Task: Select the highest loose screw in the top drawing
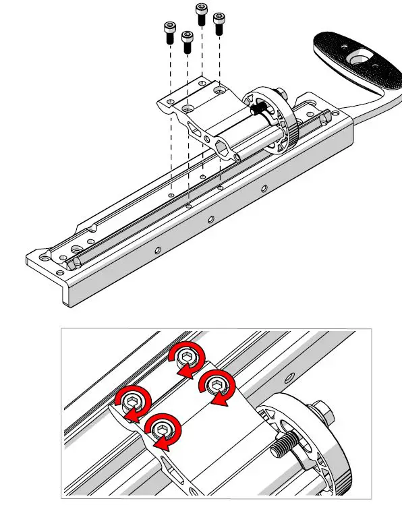(x=201, y=13)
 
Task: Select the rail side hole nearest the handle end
(x=263, y=189)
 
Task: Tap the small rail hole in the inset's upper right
(x=290, y=376)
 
